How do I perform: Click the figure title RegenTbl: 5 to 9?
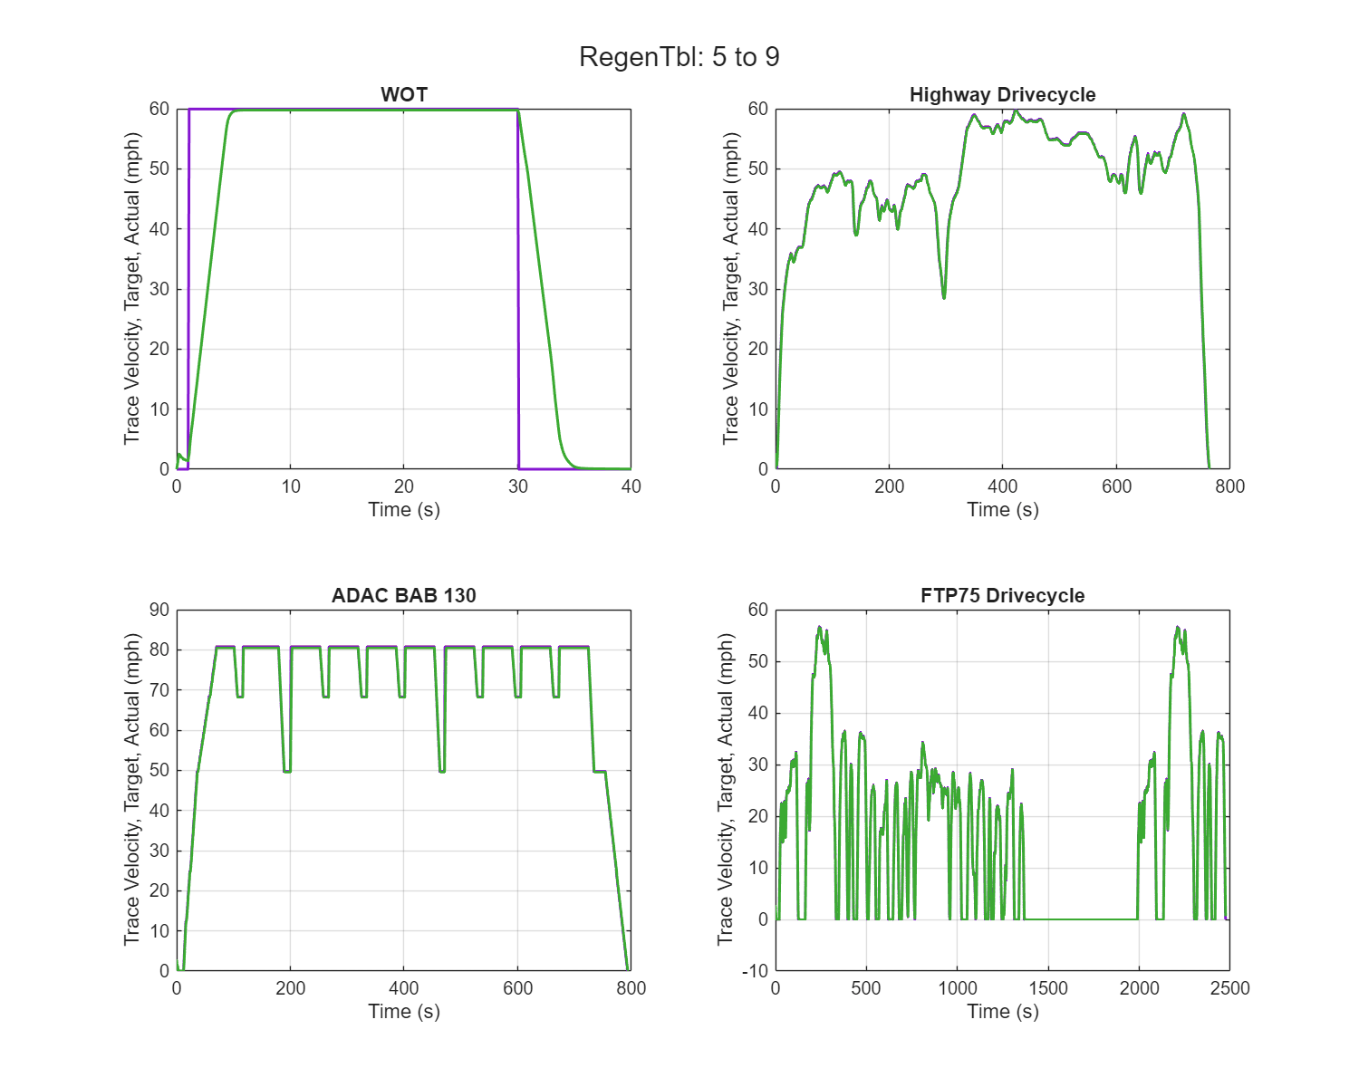(x=679, y=57)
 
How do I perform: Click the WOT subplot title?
(x=404, y=94)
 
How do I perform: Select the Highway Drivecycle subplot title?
(x=1002, y=94)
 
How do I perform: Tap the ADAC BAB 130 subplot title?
(x=404, y=595)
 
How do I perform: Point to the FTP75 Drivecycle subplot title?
(x=1002, y=595)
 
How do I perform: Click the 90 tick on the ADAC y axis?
(x=159, y=610)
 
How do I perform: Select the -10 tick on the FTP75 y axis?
(x=755, y=971)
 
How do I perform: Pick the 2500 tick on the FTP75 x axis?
(x=1229, y=988)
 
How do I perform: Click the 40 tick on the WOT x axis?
(x=631, y=486)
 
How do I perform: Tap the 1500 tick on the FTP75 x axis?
(x=1048, y=988)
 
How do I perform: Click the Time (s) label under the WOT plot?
(x=404, y=509)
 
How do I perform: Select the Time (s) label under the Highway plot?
(x=1002, y=509)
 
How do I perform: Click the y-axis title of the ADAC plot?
(x=132, y=790)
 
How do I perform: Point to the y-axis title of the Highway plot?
(x=731, y=288)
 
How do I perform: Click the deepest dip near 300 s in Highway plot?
(x=944, y=296)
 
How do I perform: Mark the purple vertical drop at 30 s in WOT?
(x=518, y=290)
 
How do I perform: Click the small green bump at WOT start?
(x=180, y=455)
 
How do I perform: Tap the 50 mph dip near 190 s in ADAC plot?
(x=286, y=771)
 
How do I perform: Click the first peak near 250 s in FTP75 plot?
(x=819, y=627)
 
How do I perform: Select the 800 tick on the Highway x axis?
(x=1229, y=486)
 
